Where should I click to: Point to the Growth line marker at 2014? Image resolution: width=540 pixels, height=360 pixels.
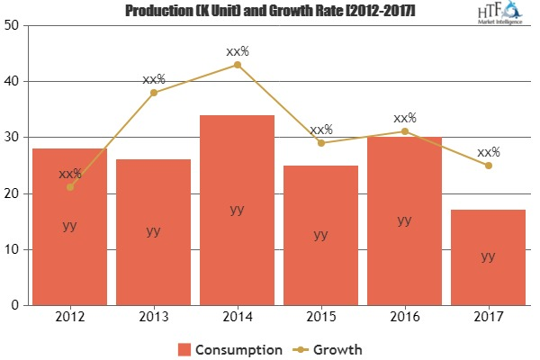point(237,65)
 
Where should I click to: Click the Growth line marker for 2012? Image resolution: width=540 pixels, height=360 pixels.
point(70,187)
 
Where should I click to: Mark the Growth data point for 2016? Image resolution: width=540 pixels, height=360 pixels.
point(404,131)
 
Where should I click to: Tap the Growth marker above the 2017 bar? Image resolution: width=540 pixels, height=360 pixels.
point(488,166)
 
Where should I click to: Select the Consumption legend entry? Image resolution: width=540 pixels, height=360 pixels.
point(230,347)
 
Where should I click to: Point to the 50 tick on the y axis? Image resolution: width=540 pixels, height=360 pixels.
point(14,25)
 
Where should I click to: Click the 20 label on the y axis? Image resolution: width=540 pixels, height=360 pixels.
point(14,193)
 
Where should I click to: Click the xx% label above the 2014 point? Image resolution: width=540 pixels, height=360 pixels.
point(237,51)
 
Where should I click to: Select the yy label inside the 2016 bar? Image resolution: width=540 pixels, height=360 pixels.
point(404,220)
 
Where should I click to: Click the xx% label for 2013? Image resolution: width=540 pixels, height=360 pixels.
point(154,79)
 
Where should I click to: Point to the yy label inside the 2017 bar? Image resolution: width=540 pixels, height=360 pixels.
point(487,256)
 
